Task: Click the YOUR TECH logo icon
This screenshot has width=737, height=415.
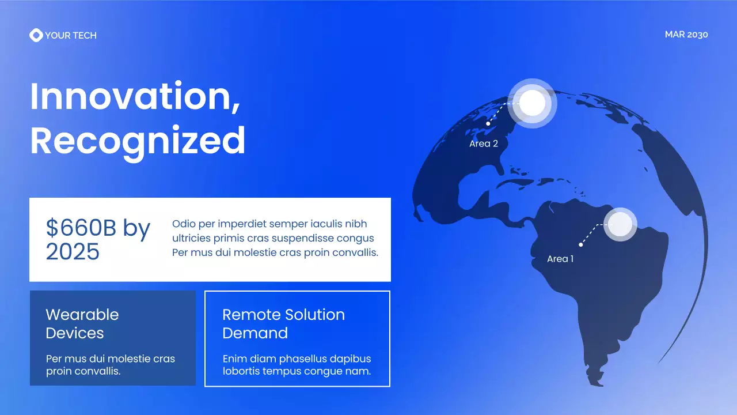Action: coord(36,35)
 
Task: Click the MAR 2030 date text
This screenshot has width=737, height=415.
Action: coord(686,35)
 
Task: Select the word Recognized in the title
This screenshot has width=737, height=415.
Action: coord(138,140)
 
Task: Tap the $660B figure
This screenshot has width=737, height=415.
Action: coord(81,228)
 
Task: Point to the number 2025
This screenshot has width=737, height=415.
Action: coord(73,252)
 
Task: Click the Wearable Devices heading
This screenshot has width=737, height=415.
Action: coord(82,323)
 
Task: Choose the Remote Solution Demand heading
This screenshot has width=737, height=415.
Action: coord(283,323)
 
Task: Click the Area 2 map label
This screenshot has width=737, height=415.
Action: coord(484,144)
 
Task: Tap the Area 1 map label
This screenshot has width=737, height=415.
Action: coord(560,259)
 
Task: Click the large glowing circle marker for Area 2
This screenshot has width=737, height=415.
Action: coord(532,103)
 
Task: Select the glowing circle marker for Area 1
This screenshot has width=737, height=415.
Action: coord(620,224)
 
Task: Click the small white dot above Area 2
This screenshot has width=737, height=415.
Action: coord(488,123)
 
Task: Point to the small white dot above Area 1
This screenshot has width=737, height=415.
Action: coord(581,245)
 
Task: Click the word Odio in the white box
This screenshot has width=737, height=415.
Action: coord(184,224)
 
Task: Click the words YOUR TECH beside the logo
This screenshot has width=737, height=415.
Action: coord(71,35)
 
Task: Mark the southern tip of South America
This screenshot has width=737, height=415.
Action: coord(602,383)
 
